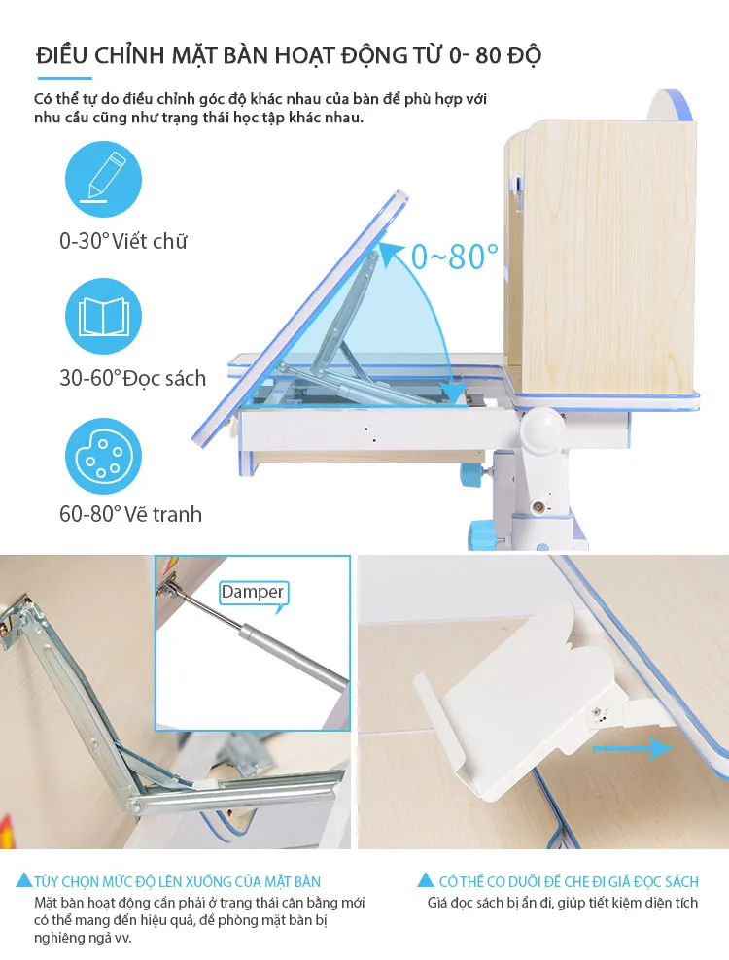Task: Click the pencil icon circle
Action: (x=104, y=180)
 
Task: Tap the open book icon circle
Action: (x=104, y=316)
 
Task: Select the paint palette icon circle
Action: (x=104, y=456)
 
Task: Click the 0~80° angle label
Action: (x=454, y=256)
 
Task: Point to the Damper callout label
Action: (x=253, y=593)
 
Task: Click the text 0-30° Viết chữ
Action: (x=122, y=241)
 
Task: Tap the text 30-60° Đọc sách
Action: (x=132, y=378)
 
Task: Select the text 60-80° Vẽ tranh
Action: (x=130, y=514)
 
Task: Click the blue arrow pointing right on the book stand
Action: (x=632, y=748)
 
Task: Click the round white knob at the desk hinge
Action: (x=542, y=431)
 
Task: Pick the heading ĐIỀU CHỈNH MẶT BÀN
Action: (x=155, y=55)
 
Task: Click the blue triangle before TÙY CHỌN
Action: (x=24, y=880)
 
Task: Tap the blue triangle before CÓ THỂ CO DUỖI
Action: (x=425, y=880)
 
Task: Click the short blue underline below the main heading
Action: (x=65, y=78)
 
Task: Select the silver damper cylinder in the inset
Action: (x=292, y=657)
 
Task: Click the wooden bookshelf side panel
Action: (x=607, y=257)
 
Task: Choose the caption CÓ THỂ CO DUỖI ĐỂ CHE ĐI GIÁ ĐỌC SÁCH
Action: (x=569, y=881)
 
